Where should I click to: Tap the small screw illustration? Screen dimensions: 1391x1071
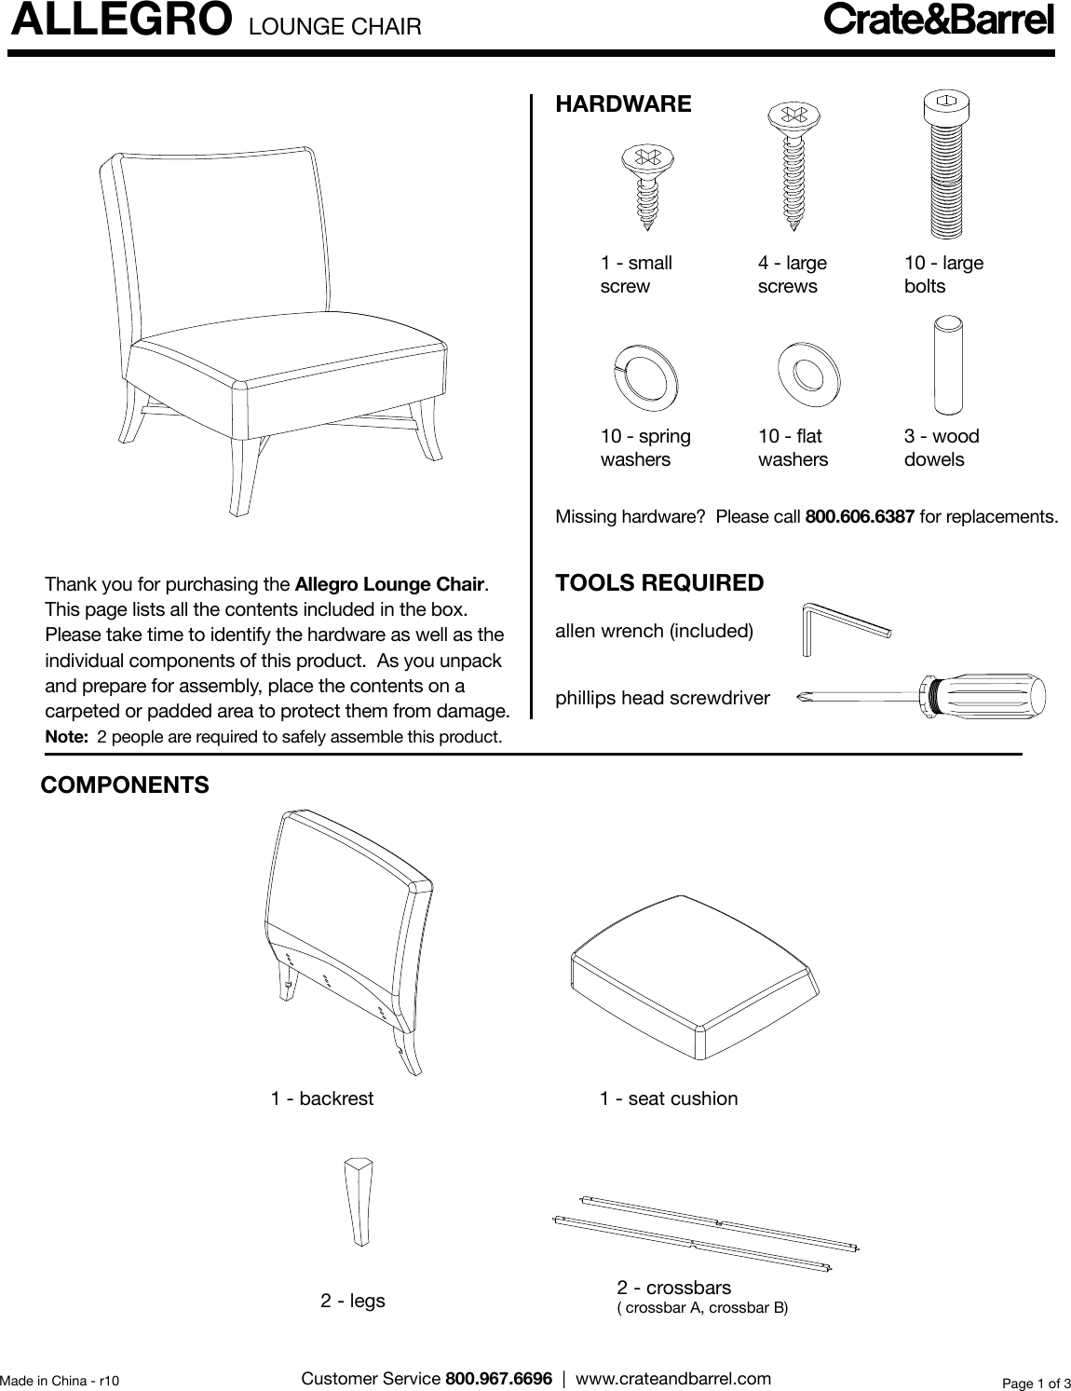(645, 184)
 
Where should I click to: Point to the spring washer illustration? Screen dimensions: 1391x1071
(645, 378)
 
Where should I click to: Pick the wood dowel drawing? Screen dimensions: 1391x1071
(947, 364)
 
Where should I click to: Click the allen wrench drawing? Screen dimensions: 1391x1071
(844, 629)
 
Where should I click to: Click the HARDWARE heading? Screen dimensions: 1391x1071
(623, 104)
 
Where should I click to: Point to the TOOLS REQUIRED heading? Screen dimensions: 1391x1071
(658, 583)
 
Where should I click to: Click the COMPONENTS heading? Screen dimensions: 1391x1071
(125, 785)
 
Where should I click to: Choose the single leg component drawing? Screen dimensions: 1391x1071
(359, 1201)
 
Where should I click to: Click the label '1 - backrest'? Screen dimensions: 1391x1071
(321, 1098)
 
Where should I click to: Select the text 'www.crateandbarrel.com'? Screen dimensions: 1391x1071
(673, 1378)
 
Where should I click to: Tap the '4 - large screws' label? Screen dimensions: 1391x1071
(792, 275)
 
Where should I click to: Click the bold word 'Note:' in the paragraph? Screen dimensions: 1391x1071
(66, 737)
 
